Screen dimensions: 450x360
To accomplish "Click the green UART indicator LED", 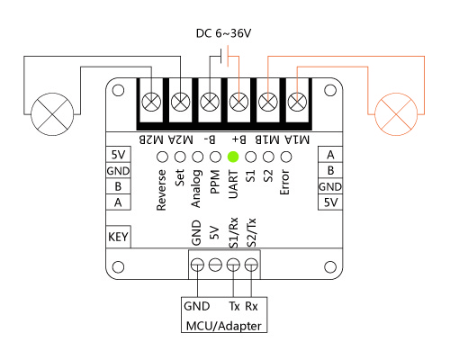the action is tap(233, 157).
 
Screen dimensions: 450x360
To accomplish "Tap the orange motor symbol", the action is tap(396, 114).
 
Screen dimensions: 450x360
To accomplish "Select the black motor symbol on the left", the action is tap(52, 114).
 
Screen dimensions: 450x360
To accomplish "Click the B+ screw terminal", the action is tap(238, 102).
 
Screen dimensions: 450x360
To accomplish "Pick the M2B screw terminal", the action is tap(151, 102).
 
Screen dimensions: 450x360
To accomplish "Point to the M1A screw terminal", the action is tap(297, 102).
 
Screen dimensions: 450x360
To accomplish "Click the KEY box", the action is tap(118, 237).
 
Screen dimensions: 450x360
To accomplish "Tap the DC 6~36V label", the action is tap(223, 33).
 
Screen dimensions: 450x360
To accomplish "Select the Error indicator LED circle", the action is tap(286, 157).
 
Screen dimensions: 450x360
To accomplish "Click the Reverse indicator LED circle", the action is tap(163, 157).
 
